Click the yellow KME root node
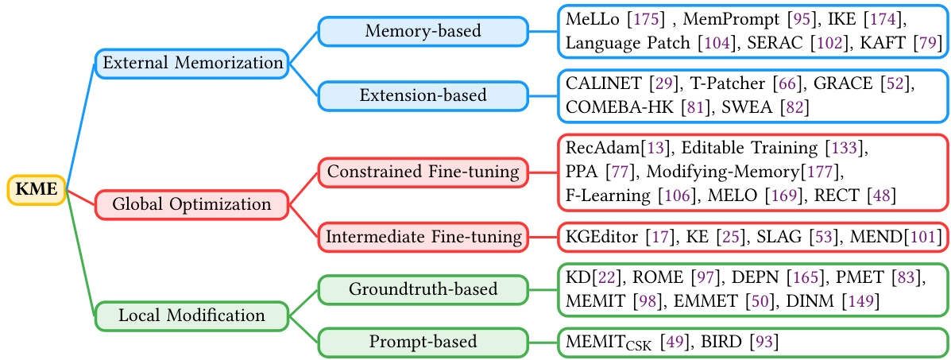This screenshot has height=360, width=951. coord(37,190)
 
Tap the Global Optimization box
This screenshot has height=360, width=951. coord(191,204)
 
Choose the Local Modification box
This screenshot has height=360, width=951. coord(191,315)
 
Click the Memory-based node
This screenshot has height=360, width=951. coord(423,31)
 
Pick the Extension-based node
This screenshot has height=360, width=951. coord(423,95)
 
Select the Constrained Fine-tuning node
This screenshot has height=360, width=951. coord(423,172)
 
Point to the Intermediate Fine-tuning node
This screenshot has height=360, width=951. coord(423,236)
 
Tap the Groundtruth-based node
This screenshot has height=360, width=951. coord(423,289)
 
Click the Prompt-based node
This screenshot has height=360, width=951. coord(423,342)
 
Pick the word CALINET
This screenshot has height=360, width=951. coord(604,82)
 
